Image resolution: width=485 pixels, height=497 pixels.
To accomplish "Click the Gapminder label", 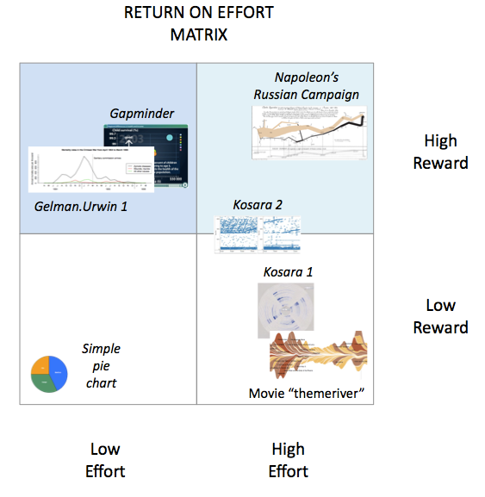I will pos(142,114).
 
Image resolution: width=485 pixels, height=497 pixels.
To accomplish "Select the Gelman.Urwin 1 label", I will pos(75,207).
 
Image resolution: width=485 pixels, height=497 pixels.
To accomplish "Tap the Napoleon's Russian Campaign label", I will pos(306,85).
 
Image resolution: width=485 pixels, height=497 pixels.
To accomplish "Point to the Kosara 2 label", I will pos(258,205).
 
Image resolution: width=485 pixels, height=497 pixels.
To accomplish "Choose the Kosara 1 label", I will pos(288,272).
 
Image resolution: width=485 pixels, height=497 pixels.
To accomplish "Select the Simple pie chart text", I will pos(100,365).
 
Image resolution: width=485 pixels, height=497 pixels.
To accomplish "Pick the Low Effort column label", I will pos(105,460).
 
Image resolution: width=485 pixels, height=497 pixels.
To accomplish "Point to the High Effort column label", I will pos(288,460).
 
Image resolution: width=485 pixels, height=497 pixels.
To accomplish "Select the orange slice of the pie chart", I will pos(40,366).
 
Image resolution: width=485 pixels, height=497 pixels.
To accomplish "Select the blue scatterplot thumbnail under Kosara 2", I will pos(257,233).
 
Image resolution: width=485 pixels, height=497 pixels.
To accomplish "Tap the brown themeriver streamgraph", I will pos(319,356).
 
